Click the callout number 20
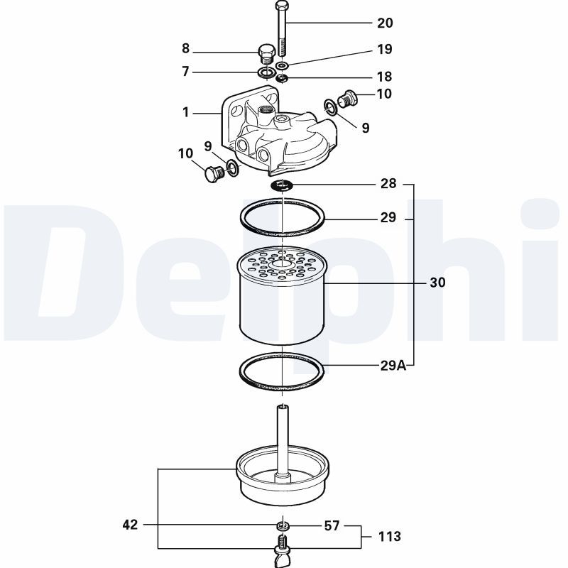(384, 23)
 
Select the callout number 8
(186, 49)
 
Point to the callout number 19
(384, 50)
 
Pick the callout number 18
(384, 77)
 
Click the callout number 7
(186, 72)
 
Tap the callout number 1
(186, 112)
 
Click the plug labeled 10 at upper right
(348, 97)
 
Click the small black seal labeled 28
(283, 186)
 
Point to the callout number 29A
(392, 366)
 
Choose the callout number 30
(437, 283)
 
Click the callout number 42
(130, 525)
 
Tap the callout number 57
(332, 526)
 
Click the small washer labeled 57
(283, 526)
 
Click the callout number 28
(388, 185)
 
